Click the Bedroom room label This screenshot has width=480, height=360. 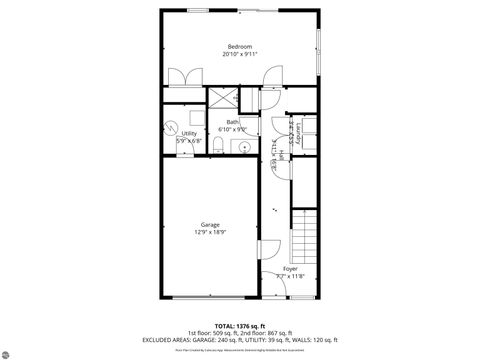click(x=239, y=47)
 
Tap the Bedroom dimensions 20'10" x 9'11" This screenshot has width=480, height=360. click(x=239, y=55)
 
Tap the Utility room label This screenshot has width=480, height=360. click(x=188, y=133)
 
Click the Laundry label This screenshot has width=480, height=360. click(x=298, y=133)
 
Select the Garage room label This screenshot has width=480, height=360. click(x=210, y=225)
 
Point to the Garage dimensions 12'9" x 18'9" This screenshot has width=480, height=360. click(x=210, y=233)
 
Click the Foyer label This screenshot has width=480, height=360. click(x=290, y=269)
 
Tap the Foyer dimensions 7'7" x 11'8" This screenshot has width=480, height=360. click(x=290, y=277)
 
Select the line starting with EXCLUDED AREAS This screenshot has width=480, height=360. click(x=239, y=340)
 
